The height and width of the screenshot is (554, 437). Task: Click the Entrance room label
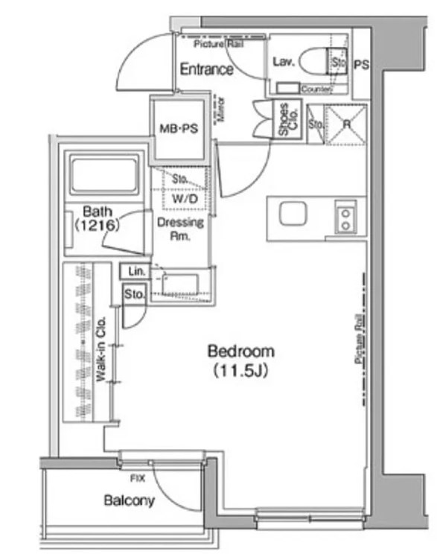pos(206,69)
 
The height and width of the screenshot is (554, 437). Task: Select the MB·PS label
pos(178,129)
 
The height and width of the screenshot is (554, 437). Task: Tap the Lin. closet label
pos(135,271)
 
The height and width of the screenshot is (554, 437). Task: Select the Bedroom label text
pos(240,351)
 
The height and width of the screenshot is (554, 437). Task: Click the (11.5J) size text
pos(240,369)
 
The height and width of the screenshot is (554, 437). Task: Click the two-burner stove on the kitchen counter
pos(345,217)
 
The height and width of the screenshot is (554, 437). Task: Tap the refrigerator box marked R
pos(346,124)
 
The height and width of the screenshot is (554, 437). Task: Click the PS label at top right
pos(360,65)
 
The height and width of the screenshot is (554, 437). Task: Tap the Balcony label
pos(130,500)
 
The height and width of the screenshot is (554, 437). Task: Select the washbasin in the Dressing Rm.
pos(179,284)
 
